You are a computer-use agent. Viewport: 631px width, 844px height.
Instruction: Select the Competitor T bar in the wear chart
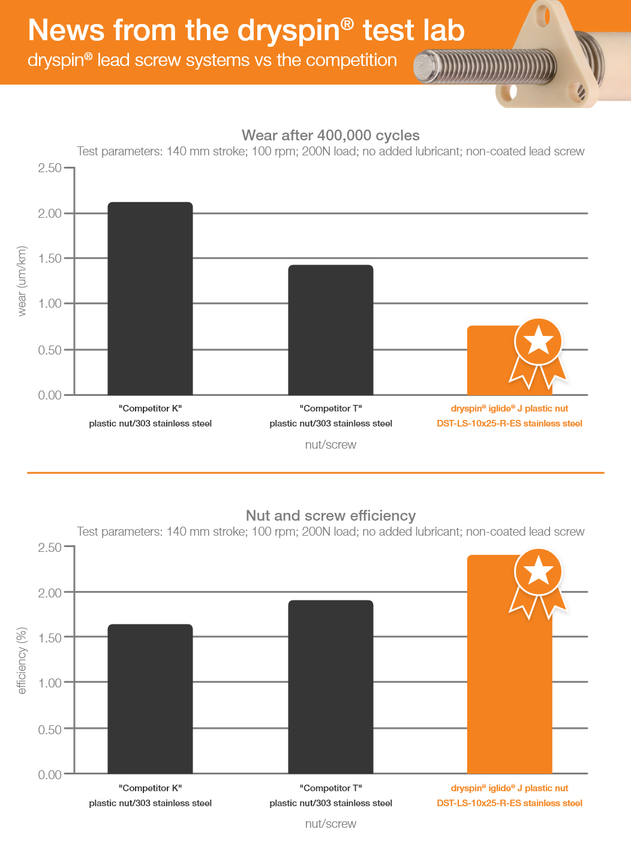[330, 330]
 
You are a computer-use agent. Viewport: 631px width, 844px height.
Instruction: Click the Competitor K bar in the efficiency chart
[150, 699]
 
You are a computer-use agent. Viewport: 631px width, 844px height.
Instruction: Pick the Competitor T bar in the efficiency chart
[330, 687]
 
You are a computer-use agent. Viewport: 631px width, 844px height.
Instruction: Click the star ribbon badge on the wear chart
[538, 348]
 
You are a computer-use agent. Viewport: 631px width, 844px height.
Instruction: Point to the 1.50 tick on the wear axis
[50, 259]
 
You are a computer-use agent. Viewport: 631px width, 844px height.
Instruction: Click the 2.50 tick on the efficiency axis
[50, 548]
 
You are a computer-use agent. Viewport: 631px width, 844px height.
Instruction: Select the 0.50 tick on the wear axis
[50, 350]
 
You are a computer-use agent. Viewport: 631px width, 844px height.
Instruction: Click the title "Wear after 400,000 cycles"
[330, 136]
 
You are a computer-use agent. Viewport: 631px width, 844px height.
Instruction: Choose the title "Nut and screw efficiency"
[330, 516]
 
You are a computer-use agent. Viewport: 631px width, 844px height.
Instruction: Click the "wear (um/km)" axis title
[22, 281]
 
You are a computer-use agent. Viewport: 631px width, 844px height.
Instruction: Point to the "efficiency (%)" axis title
[22, 660]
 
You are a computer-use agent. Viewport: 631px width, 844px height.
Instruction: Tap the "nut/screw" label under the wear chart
[330, 444]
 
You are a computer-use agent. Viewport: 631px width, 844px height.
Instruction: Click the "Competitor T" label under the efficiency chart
[330, 788]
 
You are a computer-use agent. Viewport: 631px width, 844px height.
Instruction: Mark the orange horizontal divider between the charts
[315, 473]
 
